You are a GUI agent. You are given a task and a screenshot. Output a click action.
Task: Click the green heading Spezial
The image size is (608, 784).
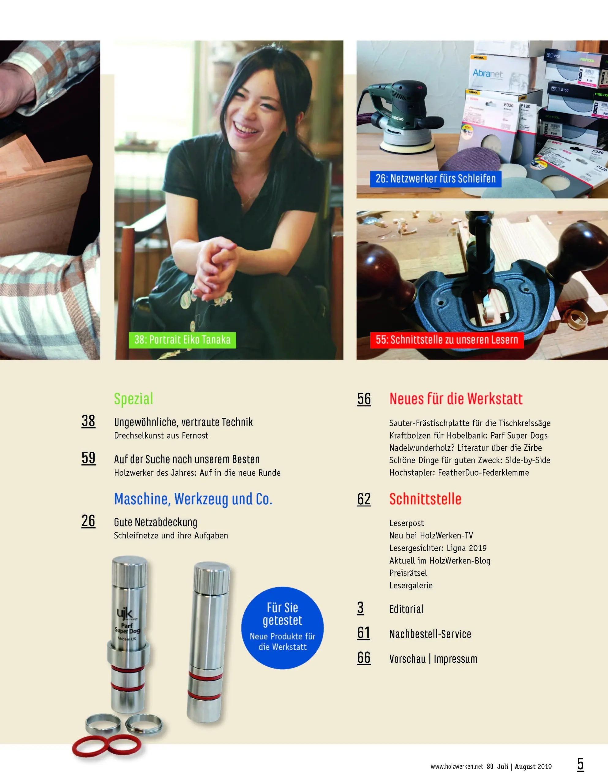[x=133, y=399]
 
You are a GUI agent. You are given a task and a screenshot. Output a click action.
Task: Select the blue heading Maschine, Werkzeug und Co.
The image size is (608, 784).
[x=193, y=499]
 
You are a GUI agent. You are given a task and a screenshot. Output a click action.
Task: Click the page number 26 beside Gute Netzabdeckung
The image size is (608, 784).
[x=88, y=521]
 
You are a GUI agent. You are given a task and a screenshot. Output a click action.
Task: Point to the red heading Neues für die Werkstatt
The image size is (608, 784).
[x=456, y=399]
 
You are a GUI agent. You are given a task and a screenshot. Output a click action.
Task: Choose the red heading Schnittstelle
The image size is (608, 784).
[x=425, y=499]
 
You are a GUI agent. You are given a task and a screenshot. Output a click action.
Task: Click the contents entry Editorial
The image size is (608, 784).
[x=406, y=609]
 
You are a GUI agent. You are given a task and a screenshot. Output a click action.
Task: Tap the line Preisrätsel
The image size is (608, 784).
[x=408, y=573]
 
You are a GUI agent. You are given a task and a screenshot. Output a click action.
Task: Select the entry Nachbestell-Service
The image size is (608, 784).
[x=430, y=634]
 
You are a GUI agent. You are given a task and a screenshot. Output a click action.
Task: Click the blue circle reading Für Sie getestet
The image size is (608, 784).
[x=283, y=628]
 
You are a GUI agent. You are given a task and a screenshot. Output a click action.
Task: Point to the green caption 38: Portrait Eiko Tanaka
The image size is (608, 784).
[x=182, y=340]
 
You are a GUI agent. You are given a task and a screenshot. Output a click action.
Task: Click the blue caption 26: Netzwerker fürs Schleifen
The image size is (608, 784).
[x=436, y=179]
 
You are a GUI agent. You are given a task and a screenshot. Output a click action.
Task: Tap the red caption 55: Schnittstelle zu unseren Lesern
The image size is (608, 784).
[x=447, y=340]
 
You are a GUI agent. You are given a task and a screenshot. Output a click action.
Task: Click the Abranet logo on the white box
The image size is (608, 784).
[x=487, y=73]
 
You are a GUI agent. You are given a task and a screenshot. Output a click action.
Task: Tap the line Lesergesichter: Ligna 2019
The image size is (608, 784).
[x=438, y=548]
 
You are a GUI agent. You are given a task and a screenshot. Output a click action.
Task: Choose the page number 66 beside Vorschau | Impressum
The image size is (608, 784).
[x=364, y=658]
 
